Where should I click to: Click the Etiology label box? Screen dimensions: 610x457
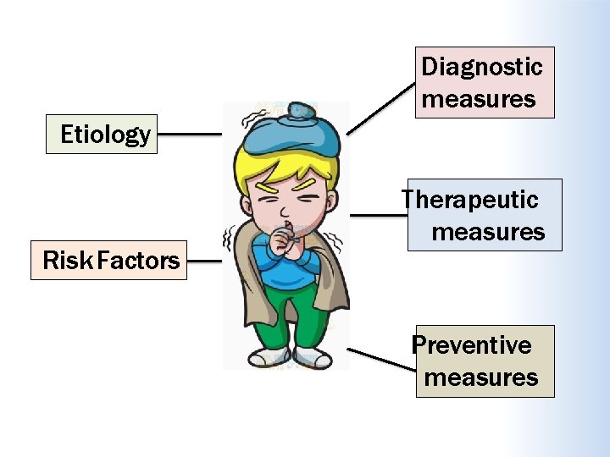(102, 134)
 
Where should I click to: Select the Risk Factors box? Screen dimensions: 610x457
(108, 260)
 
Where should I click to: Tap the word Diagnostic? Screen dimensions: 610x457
(481, 66)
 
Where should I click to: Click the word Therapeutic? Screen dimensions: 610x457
(469, 200)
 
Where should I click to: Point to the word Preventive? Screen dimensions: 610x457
(471, 345)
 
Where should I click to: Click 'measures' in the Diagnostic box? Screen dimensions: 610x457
(479, 99)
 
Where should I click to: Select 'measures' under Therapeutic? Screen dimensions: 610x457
(488, 232)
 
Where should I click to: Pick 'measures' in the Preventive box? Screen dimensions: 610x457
(481, 377)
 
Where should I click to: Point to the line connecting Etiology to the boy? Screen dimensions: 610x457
(190, 134)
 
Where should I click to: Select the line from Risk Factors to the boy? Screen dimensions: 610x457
(204, 261)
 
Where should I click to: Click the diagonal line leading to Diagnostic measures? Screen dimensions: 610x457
(380, 108)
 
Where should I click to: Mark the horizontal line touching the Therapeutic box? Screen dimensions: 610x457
(379, 215)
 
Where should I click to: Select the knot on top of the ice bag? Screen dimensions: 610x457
(300, 109)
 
